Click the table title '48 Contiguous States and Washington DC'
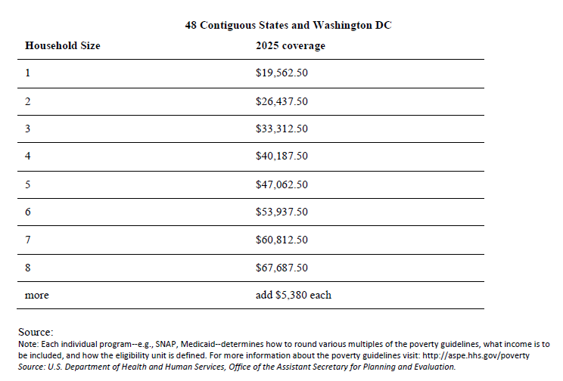tap(288, 26)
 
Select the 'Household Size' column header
tap(63, 45)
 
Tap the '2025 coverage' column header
tap(291, 46)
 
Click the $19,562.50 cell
tap(281, 73)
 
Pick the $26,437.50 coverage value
tap(281, 101)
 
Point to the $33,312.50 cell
tap(281, 129)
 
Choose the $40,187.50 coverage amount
tap(281, 156)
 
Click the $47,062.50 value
tap(281, 184)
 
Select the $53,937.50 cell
tap(281, 212)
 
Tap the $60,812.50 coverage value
tap(281, 240)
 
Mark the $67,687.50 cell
tap(281, 268)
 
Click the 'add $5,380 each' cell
tap(294, 295)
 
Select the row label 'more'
tap(36, 296)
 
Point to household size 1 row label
tap(28, 73)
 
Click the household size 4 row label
tap(28, 156)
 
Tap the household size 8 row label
tap(28, 268)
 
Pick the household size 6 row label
tap(28, 212)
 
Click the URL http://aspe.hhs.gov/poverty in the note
tap(476, 355)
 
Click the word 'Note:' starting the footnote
tap(28, 344)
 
